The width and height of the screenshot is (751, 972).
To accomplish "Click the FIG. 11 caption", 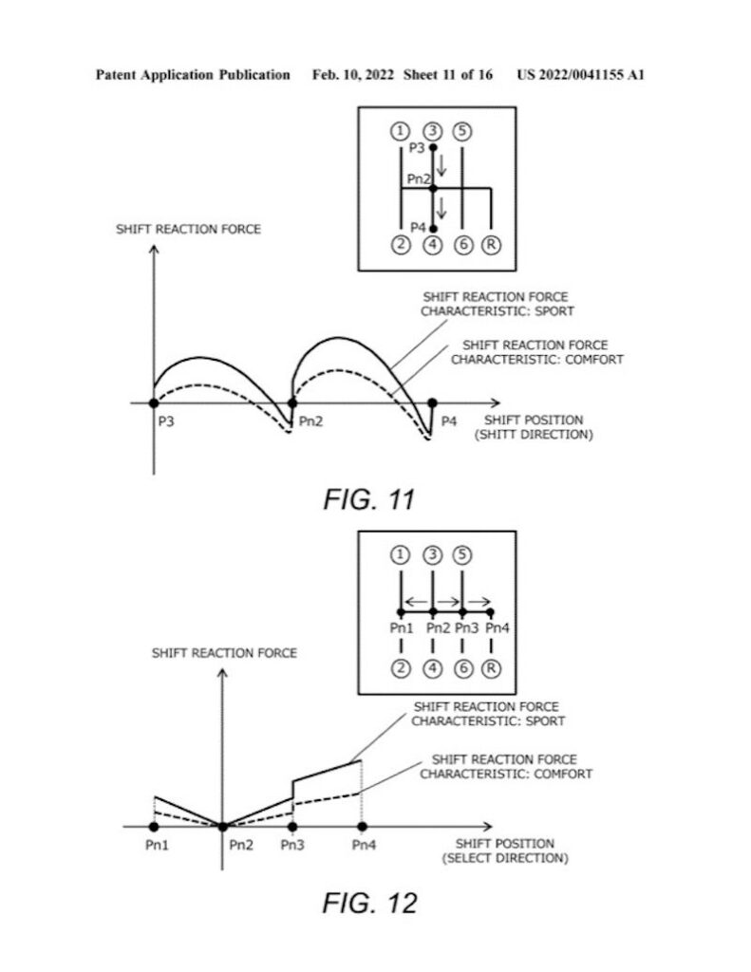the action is [369, 499].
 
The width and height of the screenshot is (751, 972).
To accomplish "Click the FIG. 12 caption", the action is [369, 904].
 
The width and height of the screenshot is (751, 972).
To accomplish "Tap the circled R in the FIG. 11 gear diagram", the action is [491, 245].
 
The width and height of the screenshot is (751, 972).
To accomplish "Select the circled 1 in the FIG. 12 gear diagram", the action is [400, 554].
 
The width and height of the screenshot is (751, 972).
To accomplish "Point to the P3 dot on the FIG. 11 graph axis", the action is [154, 402].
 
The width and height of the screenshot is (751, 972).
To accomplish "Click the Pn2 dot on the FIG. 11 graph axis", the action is [292, 402].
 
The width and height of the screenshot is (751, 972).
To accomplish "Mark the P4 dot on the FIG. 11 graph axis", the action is [432, 402].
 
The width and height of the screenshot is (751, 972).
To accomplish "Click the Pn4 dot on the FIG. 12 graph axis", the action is [362, 827].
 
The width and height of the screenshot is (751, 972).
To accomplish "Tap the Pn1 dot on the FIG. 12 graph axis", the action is [154, 827].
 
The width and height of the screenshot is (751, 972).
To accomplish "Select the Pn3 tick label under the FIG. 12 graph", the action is [292, 845].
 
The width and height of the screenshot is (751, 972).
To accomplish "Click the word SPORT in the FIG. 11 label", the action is [554, 311].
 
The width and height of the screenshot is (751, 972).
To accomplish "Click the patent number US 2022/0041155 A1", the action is [580, 75].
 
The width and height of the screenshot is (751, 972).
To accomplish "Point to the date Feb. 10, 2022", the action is [353, 75].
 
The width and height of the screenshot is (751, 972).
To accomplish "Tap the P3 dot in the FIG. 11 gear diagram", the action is [433, 147].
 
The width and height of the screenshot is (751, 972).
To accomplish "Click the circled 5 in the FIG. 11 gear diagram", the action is [462, 131].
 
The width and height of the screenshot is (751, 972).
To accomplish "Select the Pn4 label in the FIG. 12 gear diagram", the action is [498, 628].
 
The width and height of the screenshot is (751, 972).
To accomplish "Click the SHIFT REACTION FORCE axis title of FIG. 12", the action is [224, 653].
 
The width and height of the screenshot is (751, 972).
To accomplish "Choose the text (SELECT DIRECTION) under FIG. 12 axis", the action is [505, 858].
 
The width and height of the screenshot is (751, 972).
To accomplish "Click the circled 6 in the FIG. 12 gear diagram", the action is [463, 669].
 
